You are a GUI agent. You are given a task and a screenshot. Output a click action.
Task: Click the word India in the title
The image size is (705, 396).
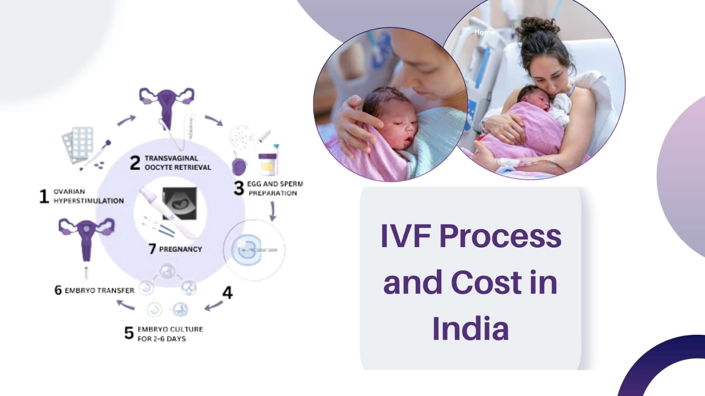pos(470,329)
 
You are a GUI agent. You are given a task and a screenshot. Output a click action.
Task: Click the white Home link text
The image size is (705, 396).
pos(485,32)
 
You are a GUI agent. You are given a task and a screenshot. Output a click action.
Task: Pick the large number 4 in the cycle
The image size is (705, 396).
pos(228,292)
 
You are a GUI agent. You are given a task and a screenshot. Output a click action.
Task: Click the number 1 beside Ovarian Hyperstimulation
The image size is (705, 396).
pos(44,196)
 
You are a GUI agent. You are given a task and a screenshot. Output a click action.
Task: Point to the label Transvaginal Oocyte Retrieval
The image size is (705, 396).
pos(178,163)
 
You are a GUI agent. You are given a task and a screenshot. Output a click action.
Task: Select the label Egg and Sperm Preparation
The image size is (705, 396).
pos(274,189)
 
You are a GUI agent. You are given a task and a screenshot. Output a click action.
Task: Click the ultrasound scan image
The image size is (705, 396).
pos(180,204)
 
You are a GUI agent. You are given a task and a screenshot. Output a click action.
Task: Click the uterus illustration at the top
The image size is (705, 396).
pos(167,107)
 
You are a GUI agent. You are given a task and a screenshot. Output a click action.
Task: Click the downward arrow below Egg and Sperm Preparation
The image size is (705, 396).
pos(272,211)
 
